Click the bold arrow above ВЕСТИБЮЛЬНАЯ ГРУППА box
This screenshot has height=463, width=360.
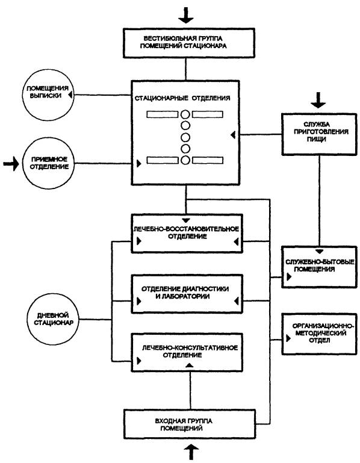pos(186,16)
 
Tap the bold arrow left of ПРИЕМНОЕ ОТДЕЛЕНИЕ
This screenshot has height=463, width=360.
pos(11,164)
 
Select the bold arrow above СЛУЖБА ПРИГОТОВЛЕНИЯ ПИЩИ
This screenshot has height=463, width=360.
pos(318,100)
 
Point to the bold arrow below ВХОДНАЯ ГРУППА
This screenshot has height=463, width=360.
pos(191,452)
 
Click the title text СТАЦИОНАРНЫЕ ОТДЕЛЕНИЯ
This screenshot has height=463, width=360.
pos(182,98)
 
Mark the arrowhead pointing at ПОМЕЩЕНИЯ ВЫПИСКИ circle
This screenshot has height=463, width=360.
pos(70,95)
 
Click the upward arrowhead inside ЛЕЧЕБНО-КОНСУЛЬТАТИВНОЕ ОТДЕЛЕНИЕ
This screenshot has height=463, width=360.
pos(190,365)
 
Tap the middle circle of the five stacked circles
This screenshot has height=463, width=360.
pos(185,137)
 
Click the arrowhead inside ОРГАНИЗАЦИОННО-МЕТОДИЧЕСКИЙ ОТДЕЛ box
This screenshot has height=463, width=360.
pos(288,338)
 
